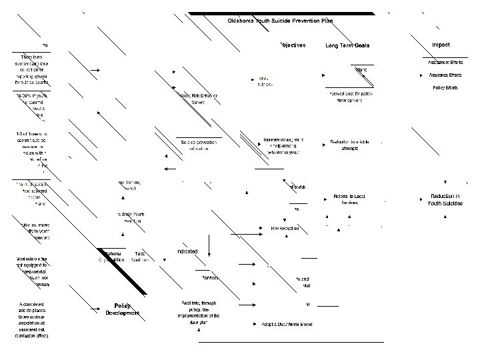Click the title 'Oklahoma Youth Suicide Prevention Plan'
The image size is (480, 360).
(x=280, y=21)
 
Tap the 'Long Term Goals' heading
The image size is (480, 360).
(x=347, y=45)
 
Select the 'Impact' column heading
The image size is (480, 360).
(x=441, y=45)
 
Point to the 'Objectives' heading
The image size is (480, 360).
(x=291, y=45)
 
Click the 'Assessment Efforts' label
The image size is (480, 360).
(x=446, y=62)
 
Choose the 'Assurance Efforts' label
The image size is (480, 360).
(x=446, y=75)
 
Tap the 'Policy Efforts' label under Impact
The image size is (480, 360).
(x=446, y=88)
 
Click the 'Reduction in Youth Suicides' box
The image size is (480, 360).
(x=445, y=199)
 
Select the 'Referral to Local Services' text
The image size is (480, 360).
(x=350, y=199)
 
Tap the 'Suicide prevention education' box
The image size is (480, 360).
(x=198, y=145)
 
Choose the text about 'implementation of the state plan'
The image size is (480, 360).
(x=198, y=311)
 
